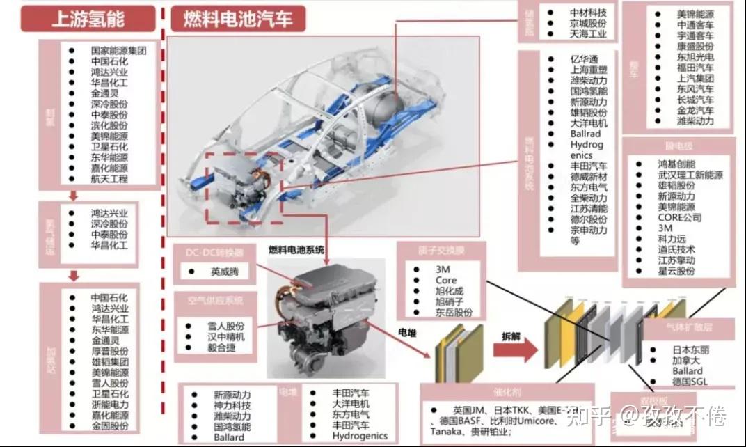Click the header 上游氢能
point(88,19)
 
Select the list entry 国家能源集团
point(118,51)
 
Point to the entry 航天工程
point(109,179)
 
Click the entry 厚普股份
point(109,351)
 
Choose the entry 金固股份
point(109,425)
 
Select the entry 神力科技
point(232,405)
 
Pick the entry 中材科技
point(588,13)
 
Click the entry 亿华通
point(583,60)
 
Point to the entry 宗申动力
point(588,230)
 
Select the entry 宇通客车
point(695,35)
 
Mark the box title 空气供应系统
point(215,301)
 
